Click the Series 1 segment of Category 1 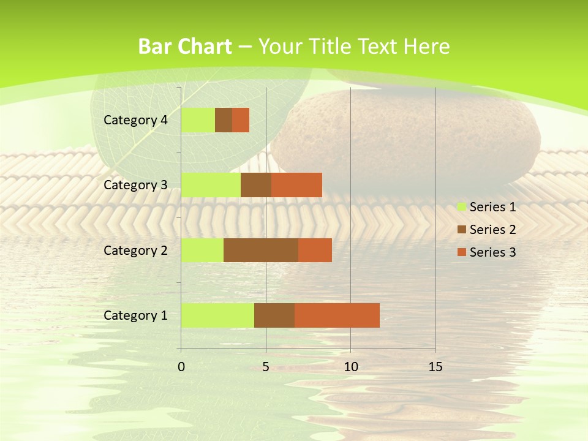pyautogui.click(x=217, y=315)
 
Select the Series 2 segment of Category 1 pyautogui.click(x=274, y=315)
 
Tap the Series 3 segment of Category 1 pyautogui.click(x=337, y=315)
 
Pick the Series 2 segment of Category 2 pyautogui.click(x=261, y=250)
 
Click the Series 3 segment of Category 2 pyautogui.click(x=315, y=250)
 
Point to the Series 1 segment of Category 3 pyautogui.click(x=211, y=185)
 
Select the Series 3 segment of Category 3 pyautogui.click(x=296, y=185)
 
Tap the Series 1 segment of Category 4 pyautogui.click(x=198, y=120)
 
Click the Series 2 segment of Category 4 pyautogui.click(x=224, y=120)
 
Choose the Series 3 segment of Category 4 pyautogui.click(x=241, y=120)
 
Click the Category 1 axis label pyautogui.click(x=135, y=315)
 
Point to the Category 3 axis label pyautogui.click(x=135, y=185)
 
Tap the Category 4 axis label pyautogui.click(x=135, y=120)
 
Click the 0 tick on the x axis pyautogui.click(x=181, y=367)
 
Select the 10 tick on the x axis pyautogui.click(x=350, y=367)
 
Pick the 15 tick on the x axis pyautogui.click(x=435, y=367)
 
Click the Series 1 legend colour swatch pyautogui.click(x=461, y=207)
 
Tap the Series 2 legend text pyautogui.click(x=492, y=230)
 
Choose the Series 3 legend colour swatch pyautogui.click(x=461, y=252)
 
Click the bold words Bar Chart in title pyautogui.click(x=185, y=47)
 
